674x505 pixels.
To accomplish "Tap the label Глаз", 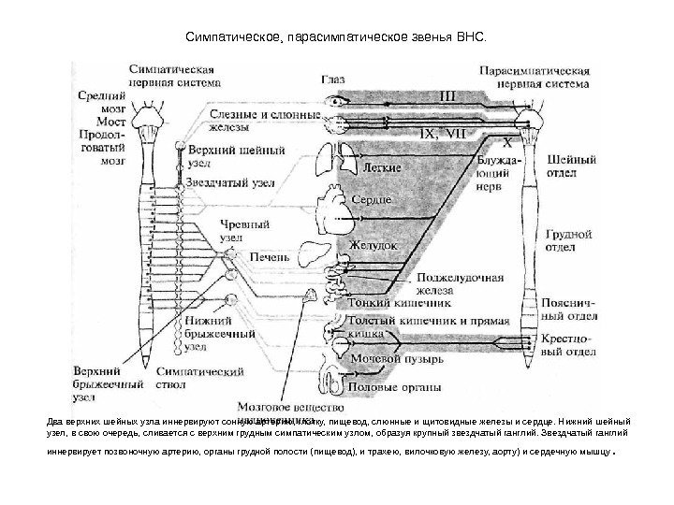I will pos(333,80).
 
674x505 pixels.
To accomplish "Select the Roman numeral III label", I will pos(448,94).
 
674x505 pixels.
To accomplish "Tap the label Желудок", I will pos(373,243).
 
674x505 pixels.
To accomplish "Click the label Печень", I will pos(269,255).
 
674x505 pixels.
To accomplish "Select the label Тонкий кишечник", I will pos(389,303).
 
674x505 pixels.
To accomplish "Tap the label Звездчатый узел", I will pos(229,183).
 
